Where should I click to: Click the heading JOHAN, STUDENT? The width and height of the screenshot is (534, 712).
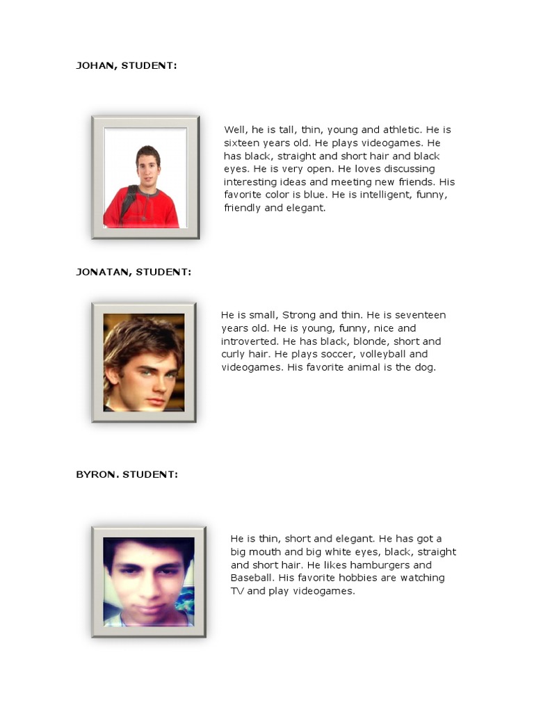(126, 65)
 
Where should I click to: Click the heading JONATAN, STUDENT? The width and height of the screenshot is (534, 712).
(133, 272)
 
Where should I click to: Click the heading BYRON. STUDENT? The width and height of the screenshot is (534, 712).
(127, 474)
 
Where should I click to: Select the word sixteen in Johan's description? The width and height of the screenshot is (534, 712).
(241, 143)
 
